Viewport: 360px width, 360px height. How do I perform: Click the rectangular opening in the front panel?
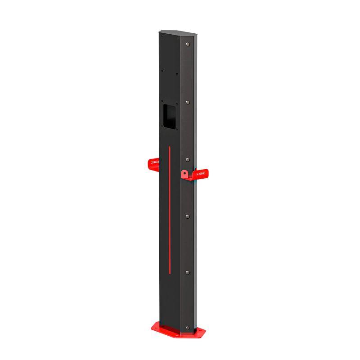(169, 117)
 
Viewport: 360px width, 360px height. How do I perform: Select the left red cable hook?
(153, 164)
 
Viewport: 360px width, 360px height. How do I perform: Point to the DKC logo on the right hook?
(201, 172)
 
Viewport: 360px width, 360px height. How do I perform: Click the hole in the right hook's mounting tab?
(184, 173)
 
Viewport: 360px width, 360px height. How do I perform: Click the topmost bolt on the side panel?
(188, 44)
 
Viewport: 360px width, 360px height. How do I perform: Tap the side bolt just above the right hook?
(188, 159)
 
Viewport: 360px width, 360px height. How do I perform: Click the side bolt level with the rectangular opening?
(188, 103)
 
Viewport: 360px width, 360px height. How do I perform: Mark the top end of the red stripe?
(169, 147)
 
